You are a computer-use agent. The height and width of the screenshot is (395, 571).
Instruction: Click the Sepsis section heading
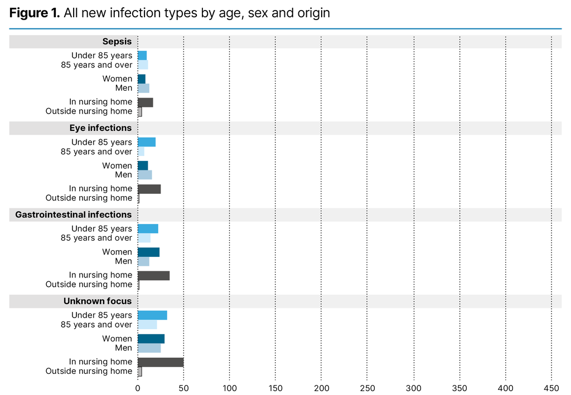coord(117,41)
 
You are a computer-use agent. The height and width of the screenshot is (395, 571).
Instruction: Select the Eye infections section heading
coord(100,128)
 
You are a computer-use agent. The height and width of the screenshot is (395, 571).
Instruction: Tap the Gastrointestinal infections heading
coord(74,214)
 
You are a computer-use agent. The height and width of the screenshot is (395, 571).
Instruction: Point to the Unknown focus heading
coord(98,301)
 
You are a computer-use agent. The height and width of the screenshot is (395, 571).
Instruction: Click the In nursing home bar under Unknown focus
coord(161,362)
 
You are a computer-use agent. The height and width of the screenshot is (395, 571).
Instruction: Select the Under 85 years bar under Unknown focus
coord(152,315)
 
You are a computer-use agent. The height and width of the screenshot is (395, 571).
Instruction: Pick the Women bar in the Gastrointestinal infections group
coord(148,252)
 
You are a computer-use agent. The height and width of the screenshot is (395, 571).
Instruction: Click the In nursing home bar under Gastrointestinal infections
coord(153,275)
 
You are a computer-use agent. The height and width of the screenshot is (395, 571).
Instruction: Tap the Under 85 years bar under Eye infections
coord(147,142)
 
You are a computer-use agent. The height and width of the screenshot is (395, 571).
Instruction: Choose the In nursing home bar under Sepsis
coord(145,102)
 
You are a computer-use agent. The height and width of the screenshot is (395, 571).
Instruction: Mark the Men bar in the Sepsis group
coord(143,88)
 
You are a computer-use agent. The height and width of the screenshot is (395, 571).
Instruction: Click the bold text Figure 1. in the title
coord(35,13)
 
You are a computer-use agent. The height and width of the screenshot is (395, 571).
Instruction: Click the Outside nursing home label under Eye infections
coord(89,198)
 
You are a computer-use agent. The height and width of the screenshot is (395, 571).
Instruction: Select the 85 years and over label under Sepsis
coord(96,65)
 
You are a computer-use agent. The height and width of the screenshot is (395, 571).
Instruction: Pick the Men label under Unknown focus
coord(124,348)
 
